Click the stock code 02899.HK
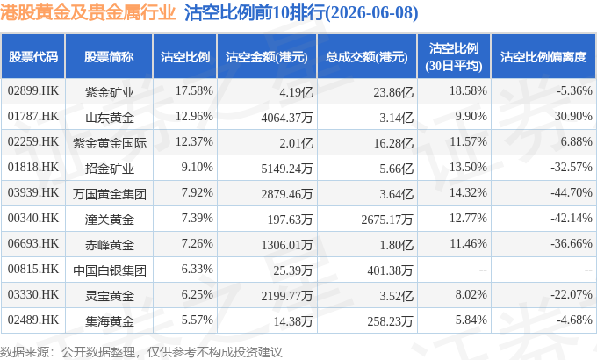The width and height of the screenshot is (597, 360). (33, 90)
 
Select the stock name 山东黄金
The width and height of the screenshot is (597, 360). (109, 118)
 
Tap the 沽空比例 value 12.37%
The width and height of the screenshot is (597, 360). (194, 141)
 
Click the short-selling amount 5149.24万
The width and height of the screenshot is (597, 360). (287, 169)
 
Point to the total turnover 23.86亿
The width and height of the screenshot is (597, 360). (393, 92)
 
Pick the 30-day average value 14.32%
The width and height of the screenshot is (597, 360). (468, 192)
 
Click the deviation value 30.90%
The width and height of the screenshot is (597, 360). (573, 116)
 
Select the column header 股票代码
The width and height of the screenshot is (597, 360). (33, 57)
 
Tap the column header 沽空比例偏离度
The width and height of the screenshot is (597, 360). (543, 57)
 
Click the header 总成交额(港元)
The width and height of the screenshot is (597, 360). (367, 57)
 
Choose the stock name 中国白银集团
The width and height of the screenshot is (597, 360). (110, 270)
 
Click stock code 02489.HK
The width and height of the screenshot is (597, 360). (33, 320)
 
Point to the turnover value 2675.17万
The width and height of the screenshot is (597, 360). (387, 220)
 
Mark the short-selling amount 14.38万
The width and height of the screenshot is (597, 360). (293, 321)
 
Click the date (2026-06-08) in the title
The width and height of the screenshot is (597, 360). (371, 12)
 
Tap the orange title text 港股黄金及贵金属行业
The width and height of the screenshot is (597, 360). (88, 12)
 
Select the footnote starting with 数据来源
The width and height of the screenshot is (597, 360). (140, 351)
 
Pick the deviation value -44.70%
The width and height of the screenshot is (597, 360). (572, 192)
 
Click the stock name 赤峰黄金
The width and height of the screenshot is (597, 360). (109, 245)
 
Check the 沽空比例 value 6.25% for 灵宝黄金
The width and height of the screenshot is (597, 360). (197, 294)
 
